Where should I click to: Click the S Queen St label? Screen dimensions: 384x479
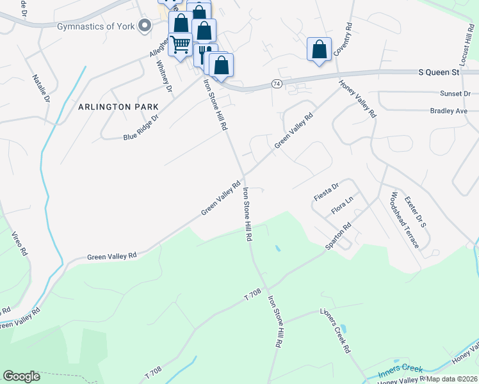pyautogui.click(x=439, y=72)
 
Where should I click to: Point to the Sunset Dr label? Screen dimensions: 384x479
pyautogui.click(x=455, y=93)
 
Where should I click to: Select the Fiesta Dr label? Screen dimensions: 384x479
pyautogui.click(x=326, y=189)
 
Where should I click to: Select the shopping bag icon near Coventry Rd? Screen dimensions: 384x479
pyautogui.click(x=319, y=49)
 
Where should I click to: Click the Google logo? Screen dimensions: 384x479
pyautogui.click(x=21, y=376)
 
